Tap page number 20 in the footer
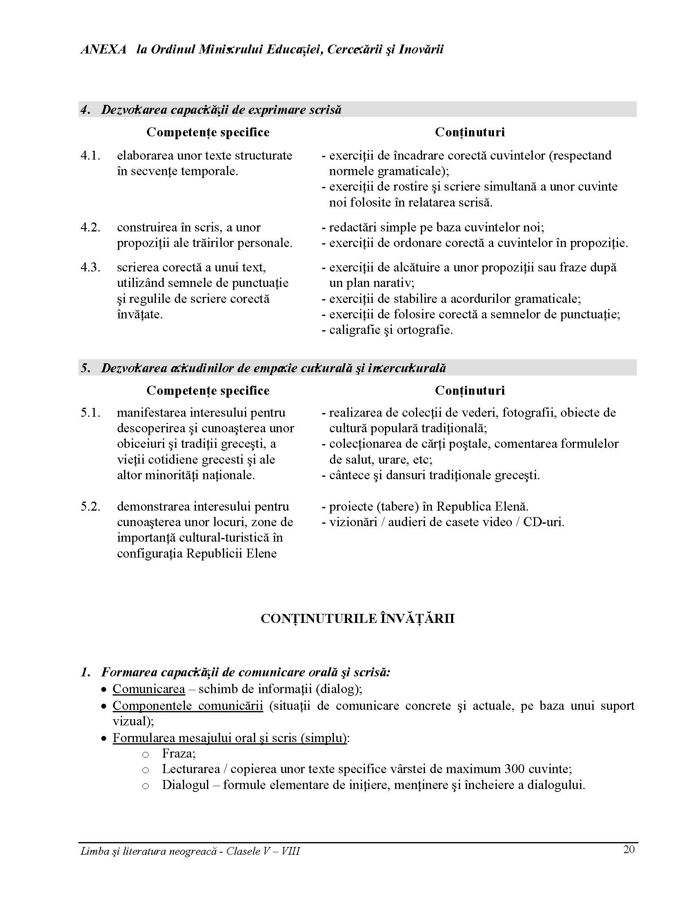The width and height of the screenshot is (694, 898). click(629, 849)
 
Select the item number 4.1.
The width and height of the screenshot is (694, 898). click(91, 156)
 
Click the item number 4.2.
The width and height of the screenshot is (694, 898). click(91, 227)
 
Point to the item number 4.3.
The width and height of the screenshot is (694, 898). click(91, 267)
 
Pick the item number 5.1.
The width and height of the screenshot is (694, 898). click(91, 413)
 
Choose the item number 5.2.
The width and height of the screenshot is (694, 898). click(91, 507)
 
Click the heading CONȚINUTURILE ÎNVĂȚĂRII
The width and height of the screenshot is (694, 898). click(358, 619)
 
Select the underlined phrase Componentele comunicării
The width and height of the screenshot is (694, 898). click(188, 706)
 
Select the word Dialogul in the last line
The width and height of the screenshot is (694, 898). click(186, 785)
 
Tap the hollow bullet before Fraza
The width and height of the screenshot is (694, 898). click(145, 754)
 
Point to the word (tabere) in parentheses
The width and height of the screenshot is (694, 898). click(398, 507)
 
